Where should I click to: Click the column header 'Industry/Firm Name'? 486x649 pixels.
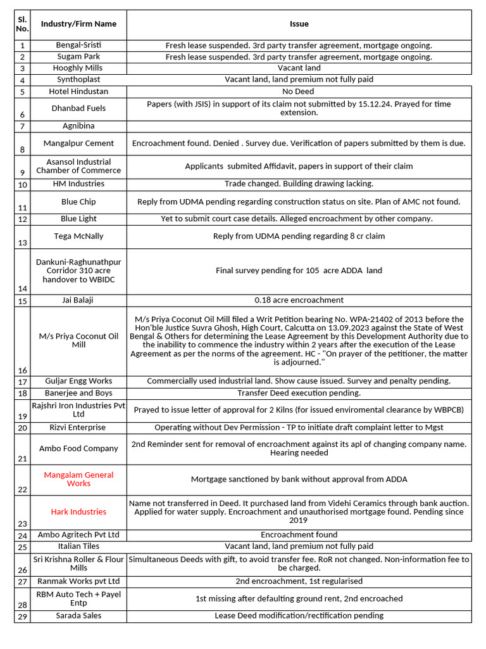point(78,24)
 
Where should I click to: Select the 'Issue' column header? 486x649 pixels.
point(299,24)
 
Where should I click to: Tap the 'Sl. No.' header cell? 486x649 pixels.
point(22,24)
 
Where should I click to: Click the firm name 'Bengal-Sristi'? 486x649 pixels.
point(78,46)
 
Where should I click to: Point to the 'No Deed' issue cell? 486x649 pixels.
point(299,92)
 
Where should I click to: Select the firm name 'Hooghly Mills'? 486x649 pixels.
point(78,68)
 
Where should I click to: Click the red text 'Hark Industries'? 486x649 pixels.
point(78,512)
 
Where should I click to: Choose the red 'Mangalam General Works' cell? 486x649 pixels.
point(78,479)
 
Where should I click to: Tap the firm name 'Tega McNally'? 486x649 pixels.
point(78,236)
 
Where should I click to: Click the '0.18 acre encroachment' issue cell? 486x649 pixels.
point(299,300)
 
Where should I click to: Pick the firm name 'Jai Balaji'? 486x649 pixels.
point(78,300)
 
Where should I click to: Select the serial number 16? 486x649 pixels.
point(23,370)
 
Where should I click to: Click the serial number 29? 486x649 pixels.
point(23,617)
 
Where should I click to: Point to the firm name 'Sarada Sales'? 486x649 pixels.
point(78,616)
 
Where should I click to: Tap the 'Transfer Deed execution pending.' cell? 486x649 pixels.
point(299,394)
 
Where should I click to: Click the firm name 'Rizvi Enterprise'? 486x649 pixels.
point(78,428)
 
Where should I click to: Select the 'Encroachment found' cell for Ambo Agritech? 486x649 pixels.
point(299,535)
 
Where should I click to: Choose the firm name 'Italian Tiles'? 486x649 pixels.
point(78,546)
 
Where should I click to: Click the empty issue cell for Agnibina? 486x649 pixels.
point(299,126)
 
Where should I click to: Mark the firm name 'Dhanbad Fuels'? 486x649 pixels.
point(78,108)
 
